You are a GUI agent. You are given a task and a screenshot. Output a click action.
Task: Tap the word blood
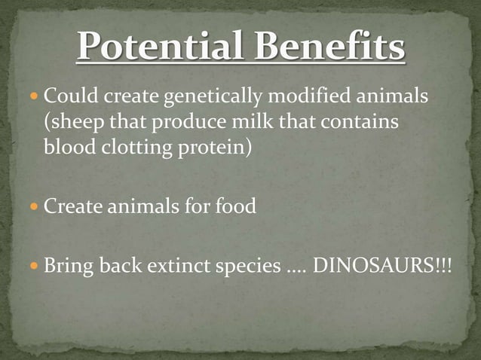(67, 146)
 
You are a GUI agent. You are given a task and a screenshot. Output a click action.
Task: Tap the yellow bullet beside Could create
(35, 98)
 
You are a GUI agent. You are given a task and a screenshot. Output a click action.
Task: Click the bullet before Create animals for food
(35, 206)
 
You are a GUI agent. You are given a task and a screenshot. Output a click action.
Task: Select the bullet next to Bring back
(35, 266)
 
